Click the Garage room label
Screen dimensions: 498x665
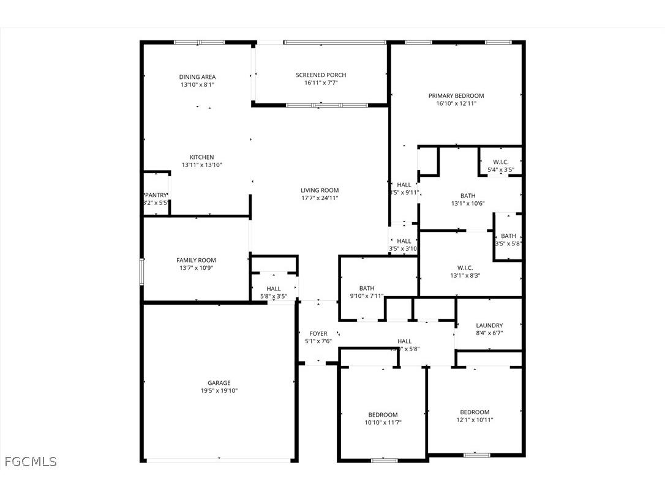(x=219, y=383)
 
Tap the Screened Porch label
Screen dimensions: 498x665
(x=321, y=75)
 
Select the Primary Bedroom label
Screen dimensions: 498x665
(x=456, y=96)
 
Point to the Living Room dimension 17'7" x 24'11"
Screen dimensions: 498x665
(x=320, y=198)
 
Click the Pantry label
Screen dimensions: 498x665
(x=156, y=195)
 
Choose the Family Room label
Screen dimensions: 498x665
(x=196, y=260)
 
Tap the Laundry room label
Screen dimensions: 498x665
(x=489, y=325)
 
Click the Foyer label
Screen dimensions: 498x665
(x=318, y=333)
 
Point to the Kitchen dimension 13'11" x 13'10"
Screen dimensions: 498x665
(x=201, y=165)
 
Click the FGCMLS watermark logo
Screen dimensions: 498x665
(x=31, y=461)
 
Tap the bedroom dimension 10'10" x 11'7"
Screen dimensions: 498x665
(x=383, y=422)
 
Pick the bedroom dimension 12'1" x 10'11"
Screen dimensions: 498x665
(x=475, y=420)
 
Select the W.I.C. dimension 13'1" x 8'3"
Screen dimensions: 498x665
(x=465, y=275)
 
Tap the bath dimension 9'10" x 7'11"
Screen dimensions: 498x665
(x=367, y=296)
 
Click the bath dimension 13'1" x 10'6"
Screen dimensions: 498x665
(x=468, y=204)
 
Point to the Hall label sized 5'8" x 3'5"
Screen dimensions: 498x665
(x=273, y=289)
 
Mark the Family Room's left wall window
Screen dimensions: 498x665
(x=141, y=271)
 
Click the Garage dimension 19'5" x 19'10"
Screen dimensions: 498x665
(x=219, y=391)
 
